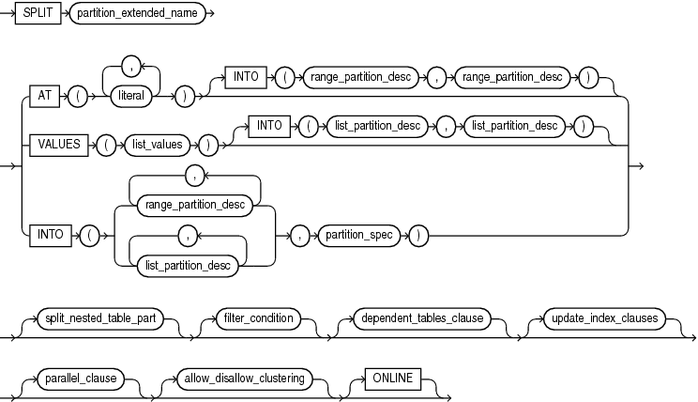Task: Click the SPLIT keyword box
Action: click(x=38, y=17)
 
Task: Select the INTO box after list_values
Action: click(x=269, y=125)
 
